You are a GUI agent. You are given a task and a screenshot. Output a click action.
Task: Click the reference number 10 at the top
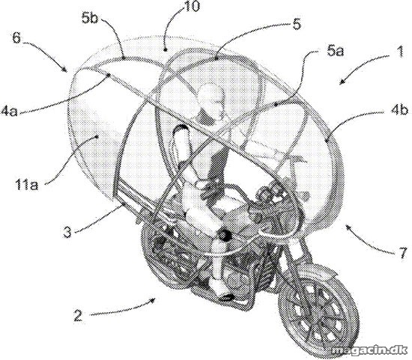192,6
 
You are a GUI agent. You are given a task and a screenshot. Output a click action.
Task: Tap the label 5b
89,18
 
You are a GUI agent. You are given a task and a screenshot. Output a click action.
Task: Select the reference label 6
16,38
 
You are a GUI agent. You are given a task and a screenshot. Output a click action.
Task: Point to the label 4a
9,111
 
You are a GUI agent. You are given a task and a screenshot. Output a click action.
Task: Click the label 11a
26,184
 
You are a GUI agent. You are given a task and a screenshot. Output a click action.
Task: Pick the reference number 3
67,232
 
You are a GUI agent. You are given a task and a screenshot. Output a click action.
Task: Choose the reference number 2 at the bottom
78,315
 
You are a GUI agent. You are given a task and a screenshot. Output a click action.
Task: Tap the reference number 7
403,253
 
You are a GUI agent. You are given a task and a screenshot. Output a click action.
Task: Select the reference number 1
400,52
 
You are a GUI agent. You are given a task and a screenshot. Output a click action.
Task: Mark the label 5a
335,50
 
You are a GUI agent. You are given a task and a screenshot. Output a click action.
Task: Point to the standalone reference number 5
296,24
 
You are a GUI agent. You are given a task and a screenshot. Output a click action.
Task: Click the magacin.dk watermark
369,350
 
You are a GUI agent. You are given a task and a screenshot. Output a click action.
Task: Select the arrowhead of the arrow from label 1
341,83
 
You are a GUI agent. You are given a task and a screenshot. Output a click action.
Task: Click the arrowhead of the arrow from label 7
348,226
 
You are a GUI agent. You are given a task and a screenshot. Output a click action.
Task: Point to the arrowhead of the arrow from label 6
64,70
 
